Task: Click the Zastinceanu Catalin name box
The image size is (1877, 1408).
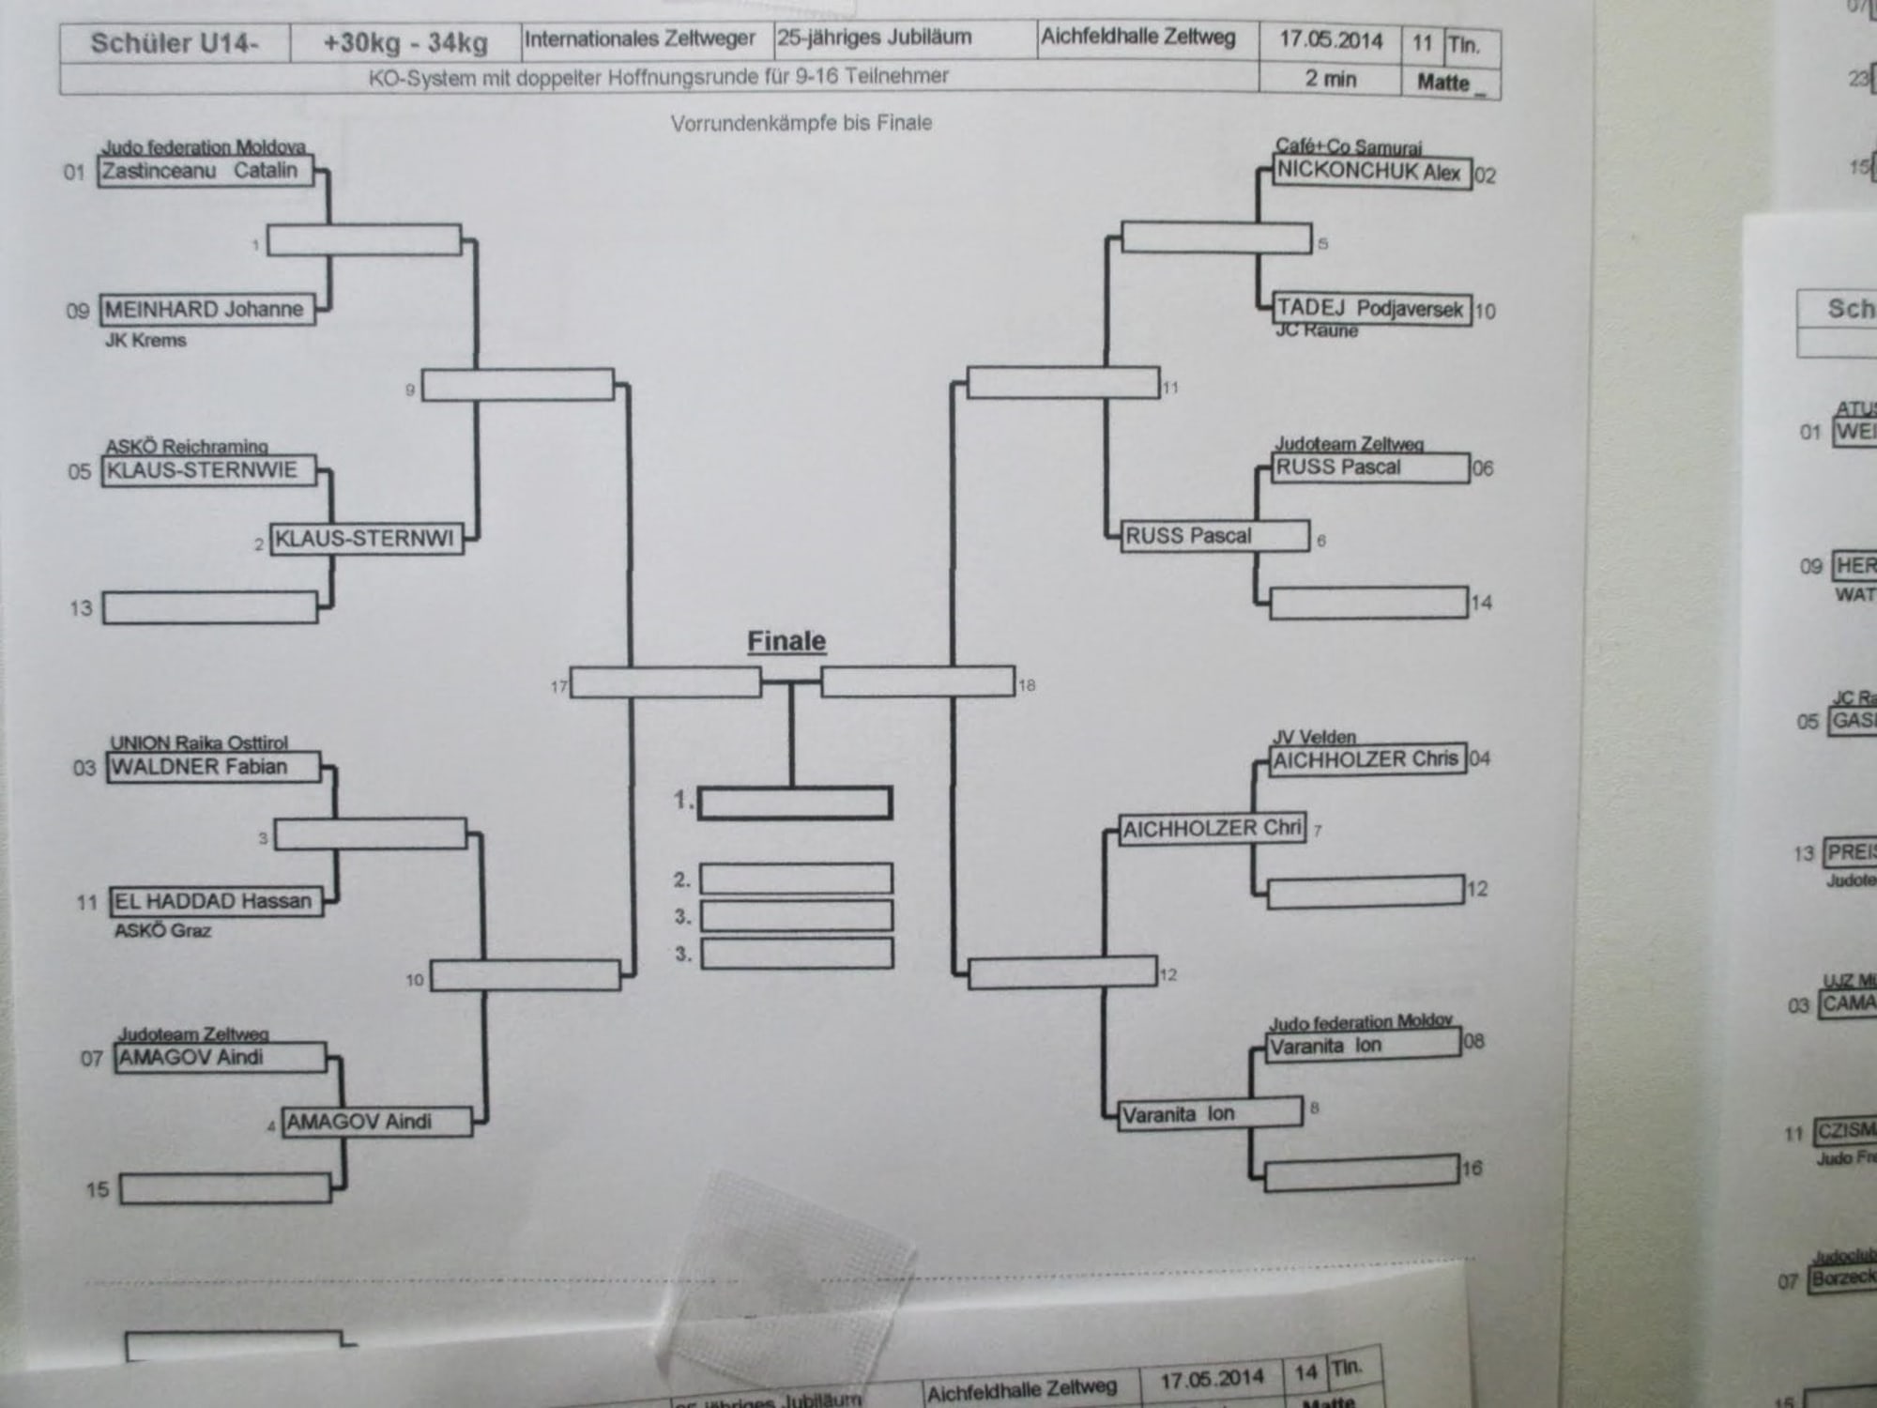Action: (206, 172)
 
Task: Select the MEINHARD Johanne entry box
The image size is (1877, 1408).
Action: (207, 310)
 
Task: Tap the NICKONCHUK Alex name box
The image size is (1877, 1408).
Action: (1371, 173)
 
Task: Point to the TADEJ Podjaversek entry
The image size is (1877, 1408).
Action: (1371, 309)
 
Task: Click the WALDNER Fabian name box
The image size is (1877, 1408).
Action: (213, 768)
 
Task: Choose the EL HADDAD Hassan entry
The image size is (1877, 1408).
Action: (216, 902)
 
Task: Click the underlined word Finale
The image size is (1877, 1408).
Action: (786, 641)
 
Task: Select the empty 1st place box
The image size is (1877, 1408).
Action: (795, 803)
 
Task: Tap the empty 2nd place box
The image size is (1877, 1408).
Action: (796, 879)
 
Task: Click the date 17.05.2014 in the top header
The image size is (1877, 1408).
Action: (1331, 40)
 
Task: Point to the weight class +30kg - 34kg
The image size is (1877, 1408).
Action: (405, 43)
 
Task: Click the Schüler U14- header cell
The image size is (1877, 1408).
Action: (175, 43)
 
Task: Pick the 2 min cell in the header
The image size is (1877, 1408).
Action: (1331, 79)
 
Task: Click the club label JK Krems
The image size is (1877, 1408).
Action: (145, 341)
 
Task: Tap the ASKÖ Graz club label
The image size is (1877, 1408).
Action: (162, 931)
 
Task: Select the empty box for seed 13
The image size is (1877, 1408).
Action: (210, 607)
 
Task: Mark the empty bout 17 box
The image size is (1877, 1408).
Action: (665, 682)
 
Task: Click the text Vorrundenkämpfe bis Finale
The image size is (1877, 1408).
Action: (801, 123)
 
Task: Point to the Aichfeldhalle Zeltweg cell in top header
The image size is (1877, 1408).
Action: (1137, 38)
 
